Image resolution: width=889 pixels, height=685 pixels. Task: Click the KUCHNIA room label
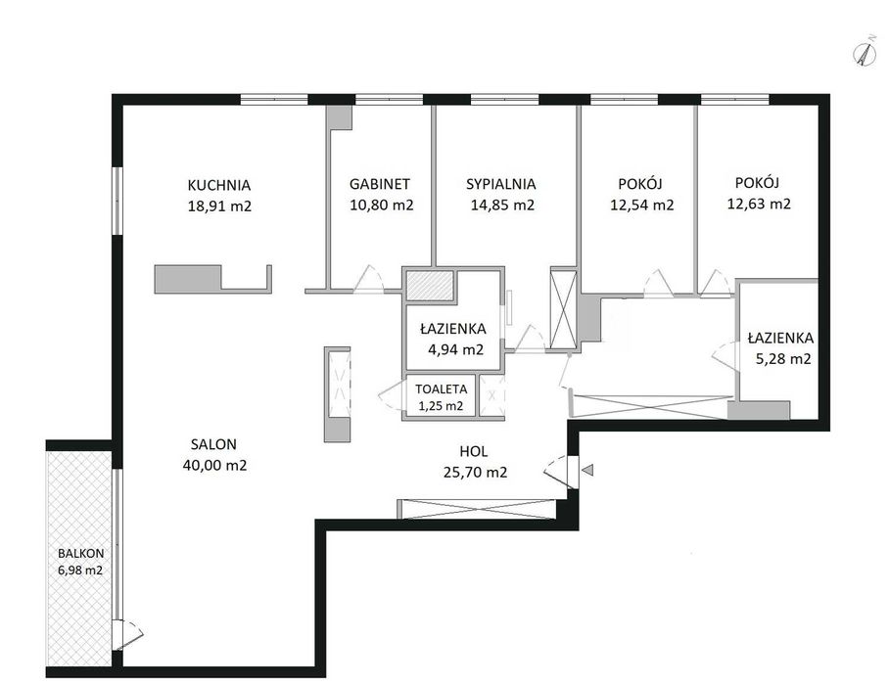pyautogui.click(x=220, y=184)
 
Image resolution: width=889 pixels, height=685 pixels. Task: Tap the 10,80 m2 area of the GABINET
pyautogui.click(x=381, y=205)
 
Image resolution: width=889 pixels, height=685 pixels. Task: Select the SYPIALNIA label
pyautogui.click(x=500, y=184)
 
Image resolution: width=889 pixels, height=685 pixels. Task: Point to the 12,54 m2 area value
pyautogui.click(x=641, y=205)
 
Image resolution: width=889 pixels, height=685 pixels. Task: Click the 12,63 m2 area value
pyautogui.click(x=759, y=205)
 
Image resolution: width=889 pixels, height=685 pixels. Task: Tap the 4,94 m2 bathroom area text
pyautogui.click(x=454, y=349)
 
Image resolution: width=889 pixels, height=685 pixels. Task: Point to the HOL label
pyautogui.click(x=473, y=452)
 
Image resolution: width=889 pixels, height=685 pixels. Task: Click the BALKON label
pyautogui.click(x=79, y=552)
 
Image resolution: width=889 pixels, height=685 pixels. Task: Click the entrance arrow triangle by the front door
pyautogui.click(x=586, y=472)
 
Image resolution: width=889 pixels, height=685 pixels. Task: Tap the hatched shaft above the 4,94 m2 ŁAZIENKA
pyautogui.click(x=430, y=285)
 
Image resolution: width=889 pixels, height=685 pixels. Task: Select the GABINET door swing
pyautogui.click(x=370, y=279)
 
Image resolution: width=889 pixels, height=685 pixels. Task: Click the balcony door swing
pyautogui.click(x=129, y=634)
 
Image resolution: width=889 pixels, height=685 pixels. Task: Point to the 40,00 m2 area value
pyautogui.click(x=213, y=466)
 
